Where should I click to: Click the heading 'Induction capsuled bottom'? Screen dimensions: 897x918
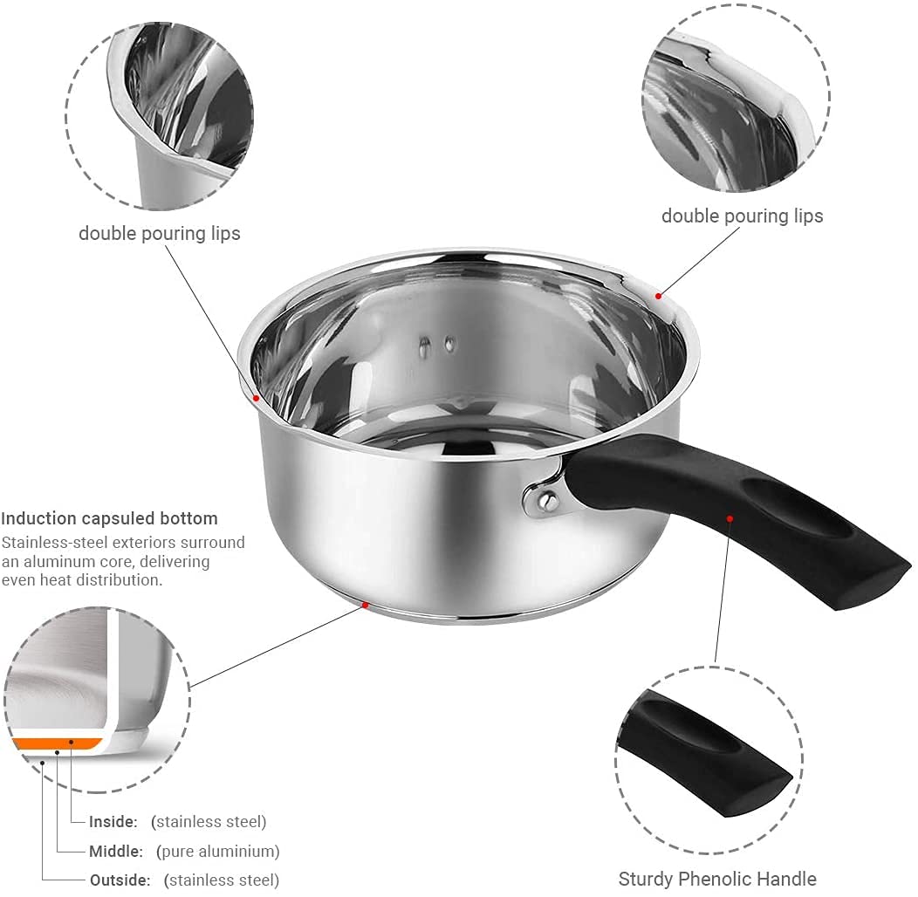coord(109,518)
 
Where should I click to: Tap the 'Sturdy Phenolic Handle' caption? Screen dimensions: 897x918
coord(717,879)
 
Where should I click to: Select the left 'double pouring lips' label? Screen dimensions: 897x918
coord(159,234)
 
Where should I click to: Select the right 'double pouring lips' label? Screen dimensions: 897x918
coord(742,216)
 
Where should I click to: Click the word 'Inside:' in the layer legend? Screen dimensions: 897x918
coord(113,821)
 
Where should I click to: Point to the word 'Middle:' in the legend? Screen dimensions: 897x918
coord(117,851)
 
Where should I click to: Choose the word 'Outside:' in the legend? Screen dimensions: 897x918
coord(120,880)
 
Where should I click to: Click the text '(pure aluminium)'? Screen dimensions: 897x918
coord(217,851)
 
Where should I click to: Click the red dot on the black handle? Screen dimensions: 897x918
coord(730,518)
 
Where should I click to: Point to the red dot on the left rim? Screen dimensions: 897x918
coord(256,398)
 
